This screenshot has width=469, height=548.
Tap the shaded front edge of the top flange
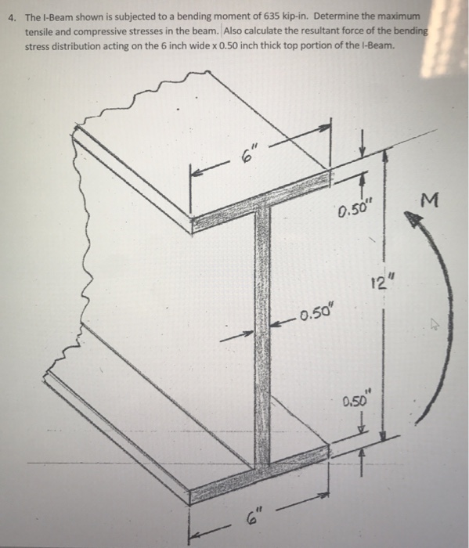click(x=258, y=207)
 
